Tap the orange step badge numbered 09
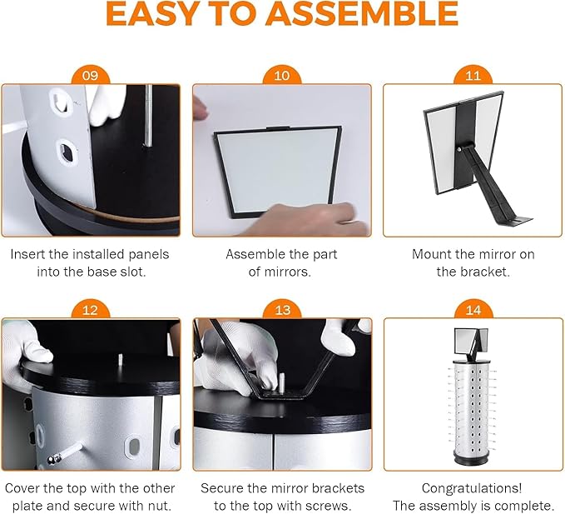(90, 76)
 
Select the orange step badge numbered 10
(281, 76)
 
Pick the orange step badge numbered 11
(473, 76)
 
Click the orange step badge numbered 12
(90, 310)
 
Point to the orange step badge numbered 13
(281, 310)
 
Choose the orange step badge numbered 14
(473, 310)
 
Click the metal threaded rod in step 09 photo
(146, 117)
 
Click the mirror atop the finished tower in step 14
(472, 339)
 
